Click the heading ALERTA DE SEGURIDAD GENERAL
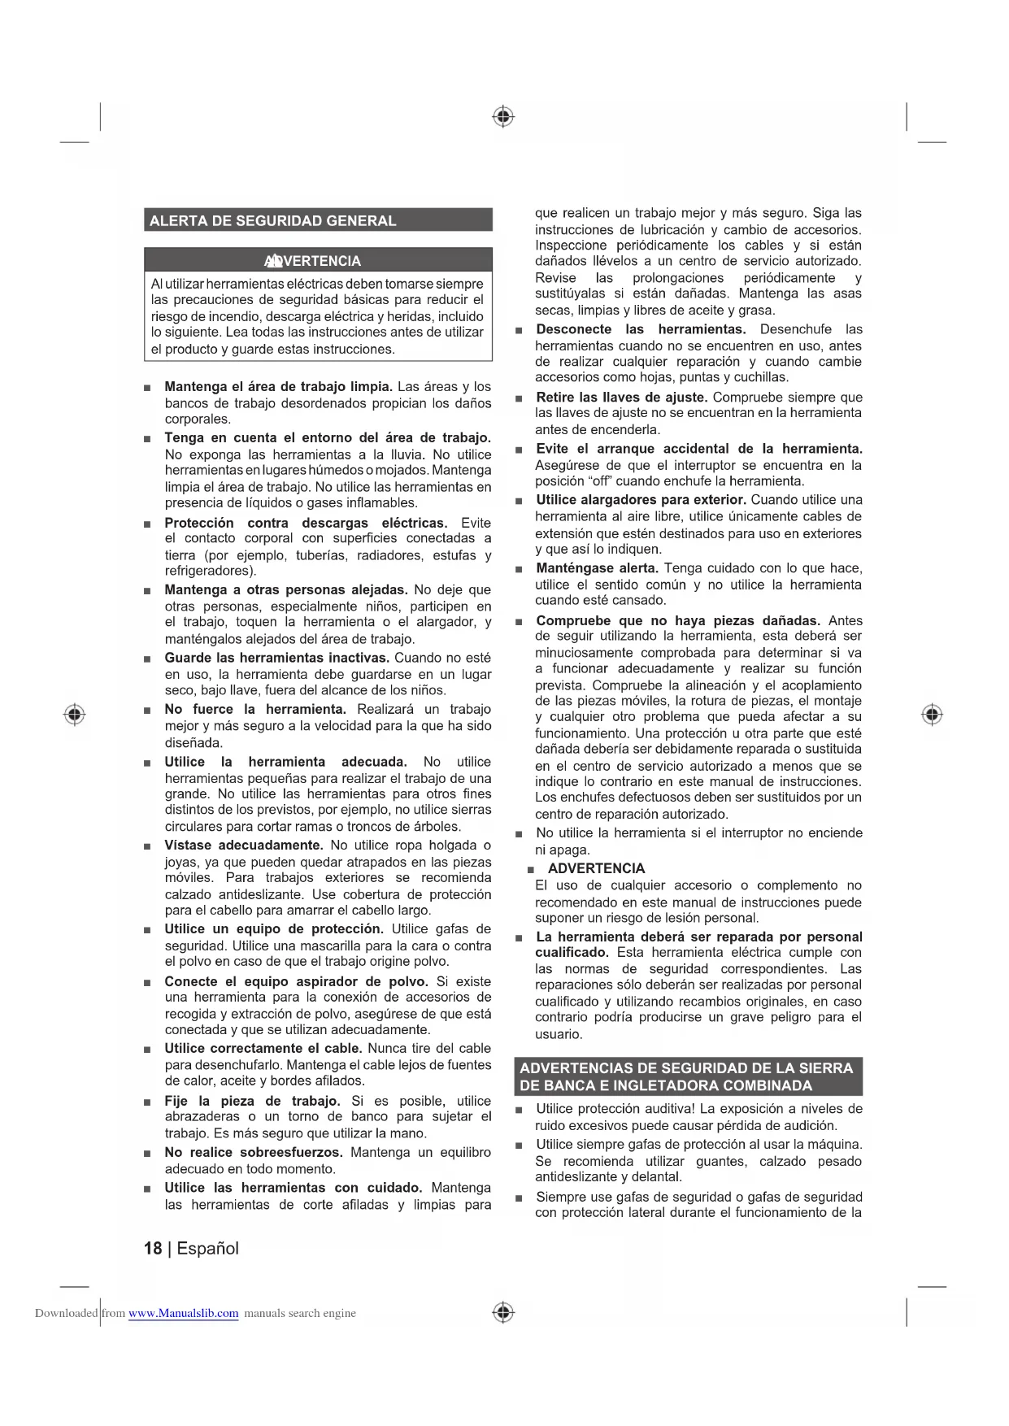point(273,220)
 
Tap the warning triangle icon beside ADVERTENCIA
point(273,261)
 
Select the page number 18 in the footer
point(153,1248)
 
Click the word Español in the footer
point(207,1248)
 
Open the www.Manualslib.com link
point(183,1313)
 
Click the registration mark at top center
point(503,117)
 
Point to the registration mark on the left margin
point(75,714)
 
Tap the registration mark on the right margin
point(932,715)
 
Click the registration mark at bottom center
point(503,1312)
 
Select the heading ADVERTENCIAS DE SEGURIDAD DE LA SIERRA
point(687,1068)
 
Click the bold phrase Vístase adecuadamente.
point(244,845)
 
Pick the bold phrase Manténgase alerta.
point(597,567)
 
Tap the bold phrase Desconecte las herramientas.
point(641,329)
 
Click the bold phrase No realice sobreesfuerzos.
point(254,1152)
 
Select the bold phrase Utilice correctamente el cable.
point(263,1048)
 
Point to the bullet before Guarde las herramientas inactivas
point(147,659)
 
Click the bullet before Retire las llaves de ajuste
point(518,398)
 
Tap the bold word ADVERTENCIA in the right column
point(596,868)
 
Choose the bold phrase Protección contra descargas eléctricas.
point(306,523)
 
